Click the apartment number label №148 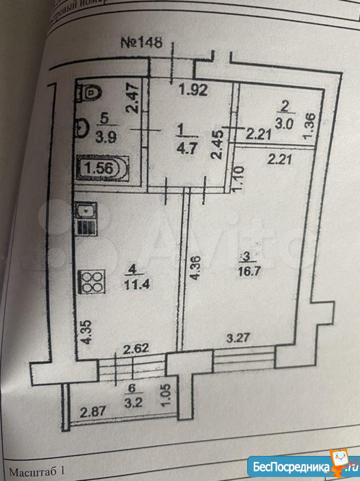coord(142,42)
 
